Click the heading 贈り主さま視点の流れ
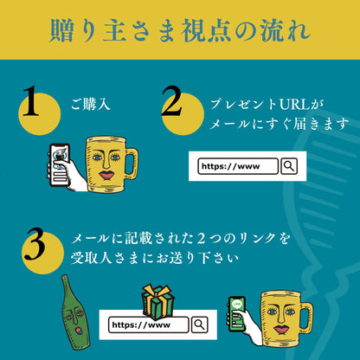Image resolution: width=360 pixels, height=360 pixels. click(x=179, y=29)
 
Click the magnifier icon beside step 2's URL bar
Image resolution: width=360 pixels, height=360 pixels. click(x=289, y=165)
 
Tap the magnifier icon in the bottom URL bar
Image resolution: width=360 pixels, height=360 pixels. click(x=199, y=325)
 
